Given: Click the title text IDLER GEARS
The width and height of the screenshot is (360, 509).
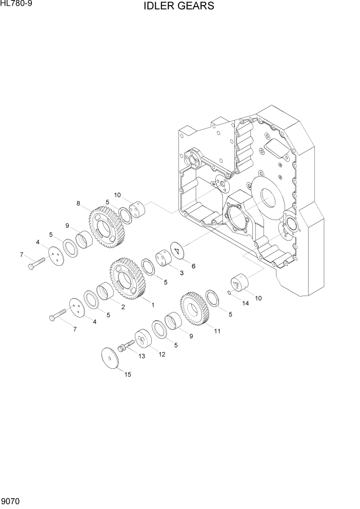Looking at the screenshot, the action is pyautogui.click(x=179, y=6).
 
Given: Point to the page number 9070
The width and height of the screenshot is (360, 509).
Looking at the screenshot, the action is pyautogui.click(x=10, y=501).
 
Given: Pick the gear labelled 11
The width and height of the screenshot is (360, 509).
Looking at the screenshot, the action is pyautogui.click(x=194, y=308).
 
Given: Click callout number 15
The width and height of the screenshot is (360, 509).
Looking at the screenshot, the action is pyautogui.click(x=128, y=374).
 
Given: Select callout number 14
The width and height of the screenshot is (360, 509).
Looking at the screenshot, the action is pyautogui.click(x=245, y=303).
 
